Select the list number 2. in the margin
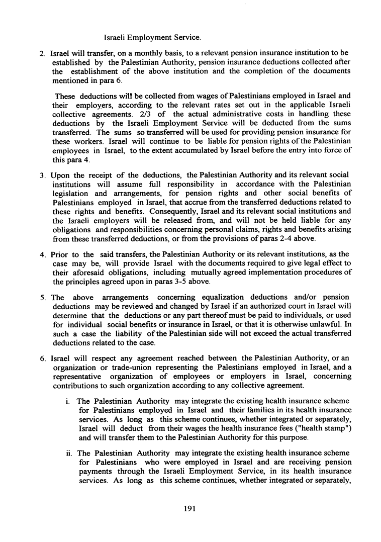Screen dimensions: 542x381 pos(44,53)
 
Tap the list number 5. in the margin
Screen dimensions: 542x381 pos(44,299)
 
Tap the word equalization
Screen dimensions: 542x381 pos(222,299)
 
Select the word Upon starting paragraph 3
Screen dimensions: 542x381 pos(61,174)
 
